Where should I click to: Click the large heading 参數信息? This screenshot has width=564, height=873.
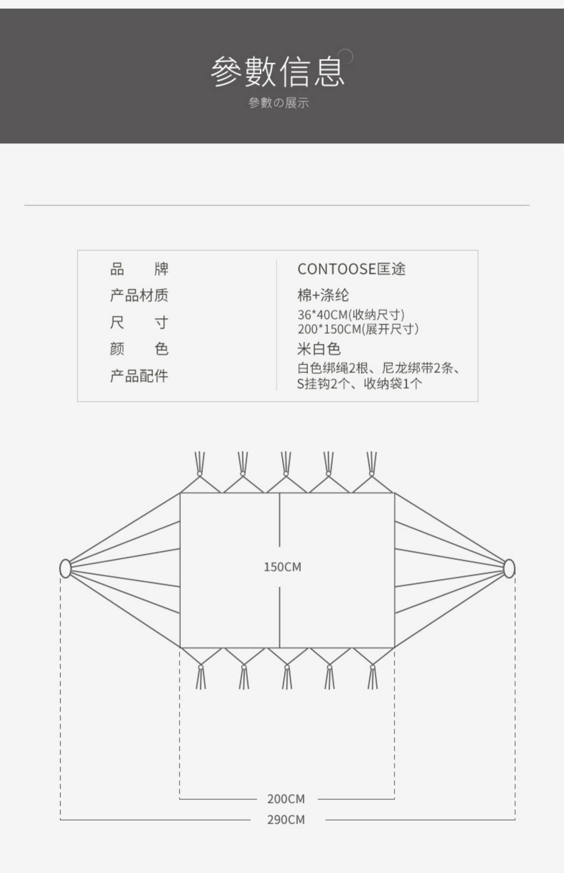click(277, 71)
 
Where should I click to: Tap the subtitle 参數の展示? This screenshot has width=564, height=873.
click(278, 103)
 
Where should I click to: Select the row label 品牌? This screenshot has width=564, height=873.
click(139, 269)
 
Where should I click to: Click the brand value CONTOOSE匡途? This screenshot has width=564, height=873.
click(351, 269)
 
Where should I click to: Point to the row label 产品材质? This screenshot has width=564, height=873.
click(139, 296)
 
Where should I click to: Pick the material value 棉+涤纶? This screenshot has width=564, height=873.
click(323, 296)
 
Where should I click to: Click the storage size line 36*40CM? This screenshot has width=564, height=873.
click(351, 315)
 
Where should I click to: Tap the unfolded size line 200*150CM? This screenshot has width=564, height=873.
click(358, 329)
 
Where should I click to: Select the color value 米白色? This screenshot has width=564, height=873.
click(319, 349)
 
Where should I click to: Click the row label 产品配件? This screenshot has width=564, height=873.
click(139, 376)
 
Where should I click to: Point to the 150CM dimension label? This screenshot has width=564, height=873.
click(282, 567)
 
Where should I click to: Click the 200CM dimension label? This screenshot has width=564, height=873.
click(286, 799)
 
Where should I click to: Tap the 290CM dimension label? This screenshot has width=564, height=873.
click(286, 820)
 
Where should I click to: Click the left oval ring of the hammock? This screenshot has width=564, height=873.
click(65, 568)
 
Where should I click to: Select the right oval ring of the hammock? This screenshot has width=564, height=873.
click(509, 568)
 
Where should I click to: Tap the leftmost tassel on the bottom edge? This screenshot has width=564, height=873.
click(201, 677)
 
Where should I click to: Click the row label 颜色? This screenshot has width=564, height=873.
click(139, 349)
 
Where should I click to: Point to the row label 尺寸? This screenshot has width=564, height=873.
click(139, 323)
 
